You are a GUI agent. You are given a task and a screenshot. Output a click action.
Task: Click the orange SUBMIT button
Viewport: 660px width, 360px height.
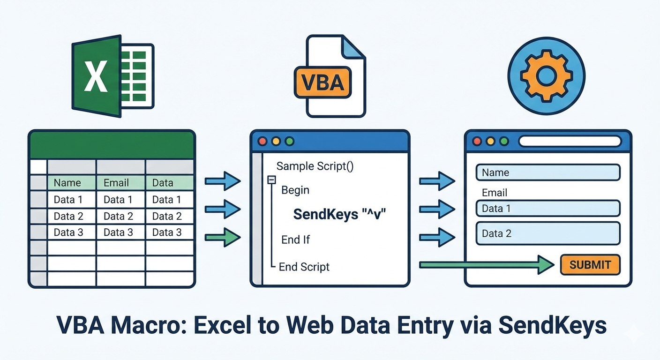pyautogui.click(x=590, y=265)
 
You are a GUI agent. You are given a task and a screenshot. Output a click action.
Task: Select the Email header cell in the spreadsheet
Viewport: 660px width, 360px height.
pyautogui.click(x=116, y=183)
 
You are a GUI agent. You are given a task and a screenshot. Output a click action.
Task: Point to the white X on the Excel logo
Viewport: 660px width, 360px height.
pyautogui.click(x=96, y=76)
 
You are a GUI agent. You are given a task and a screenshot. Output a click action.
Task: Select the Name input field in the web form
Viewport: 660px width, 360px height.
pyautogui.click(x=547, y=172)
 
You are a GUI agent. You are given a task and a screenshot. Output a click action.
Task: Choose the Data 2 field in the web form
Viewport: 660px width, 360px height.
pyautogui.click(x=547, y=233)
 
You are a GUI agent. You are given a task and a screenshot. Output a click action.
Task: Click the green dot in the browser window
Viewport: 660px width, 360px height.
pyautogui.click(x=504, y=141)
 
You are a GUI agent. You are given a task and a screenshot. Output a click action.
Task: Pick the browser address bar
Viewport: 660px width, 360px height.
pyautogui.click(x=570, y=141)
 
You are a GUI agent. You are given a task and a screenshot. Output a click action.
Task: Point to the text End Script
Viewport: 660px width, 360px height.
pyautogui.click(x=304, y=267)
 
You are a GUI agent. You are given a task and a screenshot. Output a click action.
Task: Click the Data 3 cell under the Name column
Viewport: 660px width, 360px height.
pyautogui.click(x=68, y=232)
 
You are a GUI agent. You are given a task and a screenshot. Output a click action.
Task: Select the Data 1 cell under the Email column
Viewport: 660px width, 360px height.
pyautogui.click(x=118, y=200)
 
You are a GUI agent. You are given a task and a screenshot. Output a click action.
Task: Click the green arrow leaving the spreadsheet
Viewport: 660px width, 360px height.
pyautogui.click(x=223, y=237)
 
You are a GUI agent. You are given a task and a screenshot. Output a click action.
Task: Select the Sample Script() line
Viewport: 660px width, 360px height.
pyautogui.click(x=315, y=166)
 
